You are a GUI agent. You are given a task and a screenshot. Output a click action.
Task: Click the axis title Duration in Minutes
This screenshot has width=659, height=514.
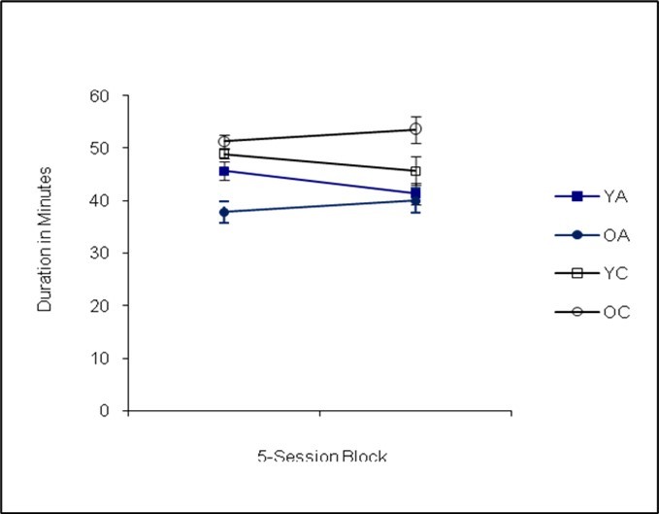[44, 238]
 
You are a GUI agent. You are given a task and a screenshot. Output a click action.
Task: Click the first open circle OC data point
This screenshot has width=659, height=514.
[224, 141]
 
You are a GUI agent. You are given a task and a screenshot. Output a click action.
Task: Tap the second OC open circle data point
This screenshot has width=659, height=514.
[415, 128]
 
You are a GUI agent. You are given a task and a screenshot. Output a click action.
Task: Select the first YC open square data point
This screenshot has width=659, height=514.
[224, 154]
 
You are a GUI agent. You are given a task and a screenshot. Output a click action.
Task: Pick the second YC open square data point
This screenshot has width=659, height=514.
[415, 171]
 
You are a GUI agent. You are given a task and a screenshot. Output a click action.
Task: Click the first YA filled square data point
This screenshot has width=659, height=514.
[224, 171]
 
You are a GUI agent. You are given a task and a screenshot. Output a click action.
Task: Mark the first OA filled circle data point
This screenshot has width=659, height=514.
[224, 212]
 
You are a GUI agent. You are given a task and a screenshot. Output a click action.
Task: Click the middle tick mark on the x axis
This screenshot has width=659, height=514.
[319, 413]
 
